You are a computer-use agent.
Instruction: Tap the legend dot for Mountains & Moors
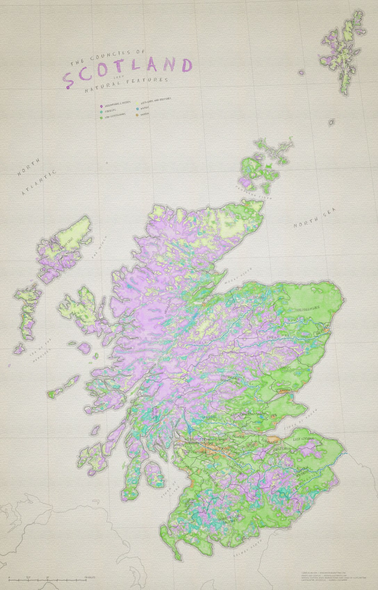[x=100, y=106]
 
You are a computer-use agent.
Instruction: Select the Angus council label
[x=285, y=367]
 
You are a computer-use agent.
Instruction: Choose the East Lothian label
[x=303, y=439]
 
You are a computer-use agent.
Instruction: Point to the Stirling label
[x=209, y=417]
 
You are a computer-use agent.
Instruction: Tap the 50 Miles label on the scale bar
[x=90, y=578]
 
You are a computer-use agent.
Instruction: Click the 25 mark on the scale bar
[x=47, y=578]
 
